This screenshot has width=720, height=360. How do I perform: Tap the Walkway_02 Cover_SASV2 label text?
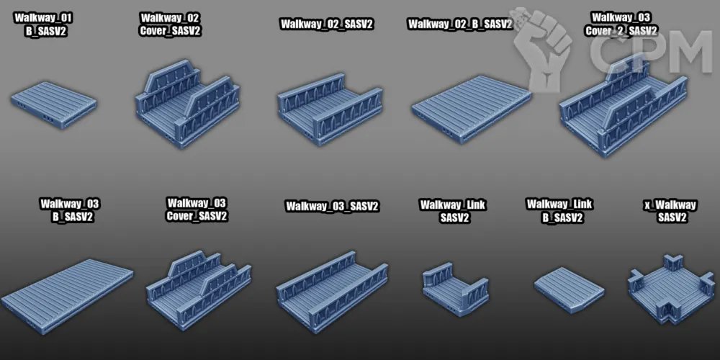[x=170, y=24]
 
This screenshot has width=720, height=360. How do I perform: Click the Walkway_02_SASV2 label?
[x=327, y=24]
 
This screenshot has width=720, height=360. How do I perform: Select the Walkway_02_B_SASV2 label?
[x=459, y=24]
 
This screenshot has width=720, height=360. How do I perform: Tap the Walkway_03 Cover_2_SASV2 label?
[x=621, y=24]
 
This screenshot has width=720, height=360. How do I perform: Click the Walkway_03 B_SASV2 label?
[x=69, y=210]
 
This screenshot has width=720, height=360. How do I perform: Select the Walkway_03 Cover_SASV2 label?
[x=197, y=210]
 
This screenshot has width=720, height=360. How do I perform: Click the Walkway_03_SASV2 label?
[x=332, y=207]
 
